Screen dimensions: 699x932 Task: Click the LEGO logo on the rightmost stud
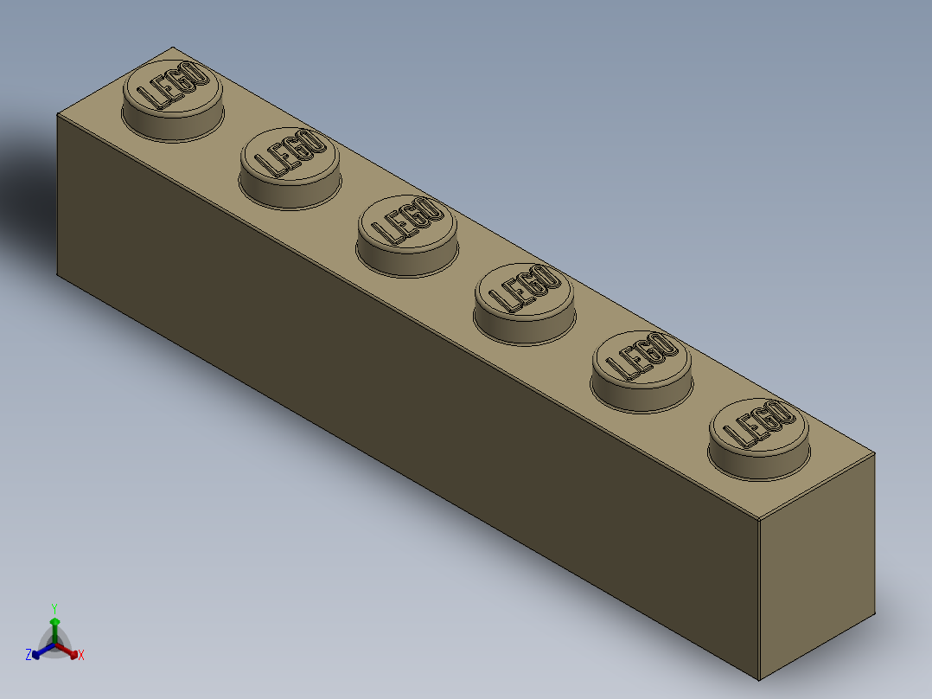tap(758, 424)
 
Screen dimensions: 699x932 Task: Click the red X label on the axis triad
tap(81, 656)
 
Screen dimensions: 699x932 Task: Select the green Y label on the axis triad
tap(54, 608)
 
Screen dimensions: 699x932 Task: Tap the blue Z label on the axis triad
tap(29, 655)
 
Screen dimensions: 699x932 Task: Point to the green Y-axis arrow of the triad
tap(54, 626)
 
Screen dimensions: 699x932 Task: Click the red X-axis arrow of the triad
tap(70, 651)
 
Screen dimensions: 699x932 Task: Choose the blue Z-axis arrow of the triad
tap(40, 651)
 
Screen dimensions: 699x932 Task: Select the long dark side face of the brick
tap(389, 389)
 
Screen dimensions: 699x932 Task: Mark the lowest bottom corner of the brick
tap(759, 680)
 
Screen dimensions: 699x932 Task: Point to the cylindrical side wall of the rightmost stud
tap(756, 464)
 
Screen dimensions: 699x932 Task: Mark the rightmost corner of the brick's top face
tap(874, 452)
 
